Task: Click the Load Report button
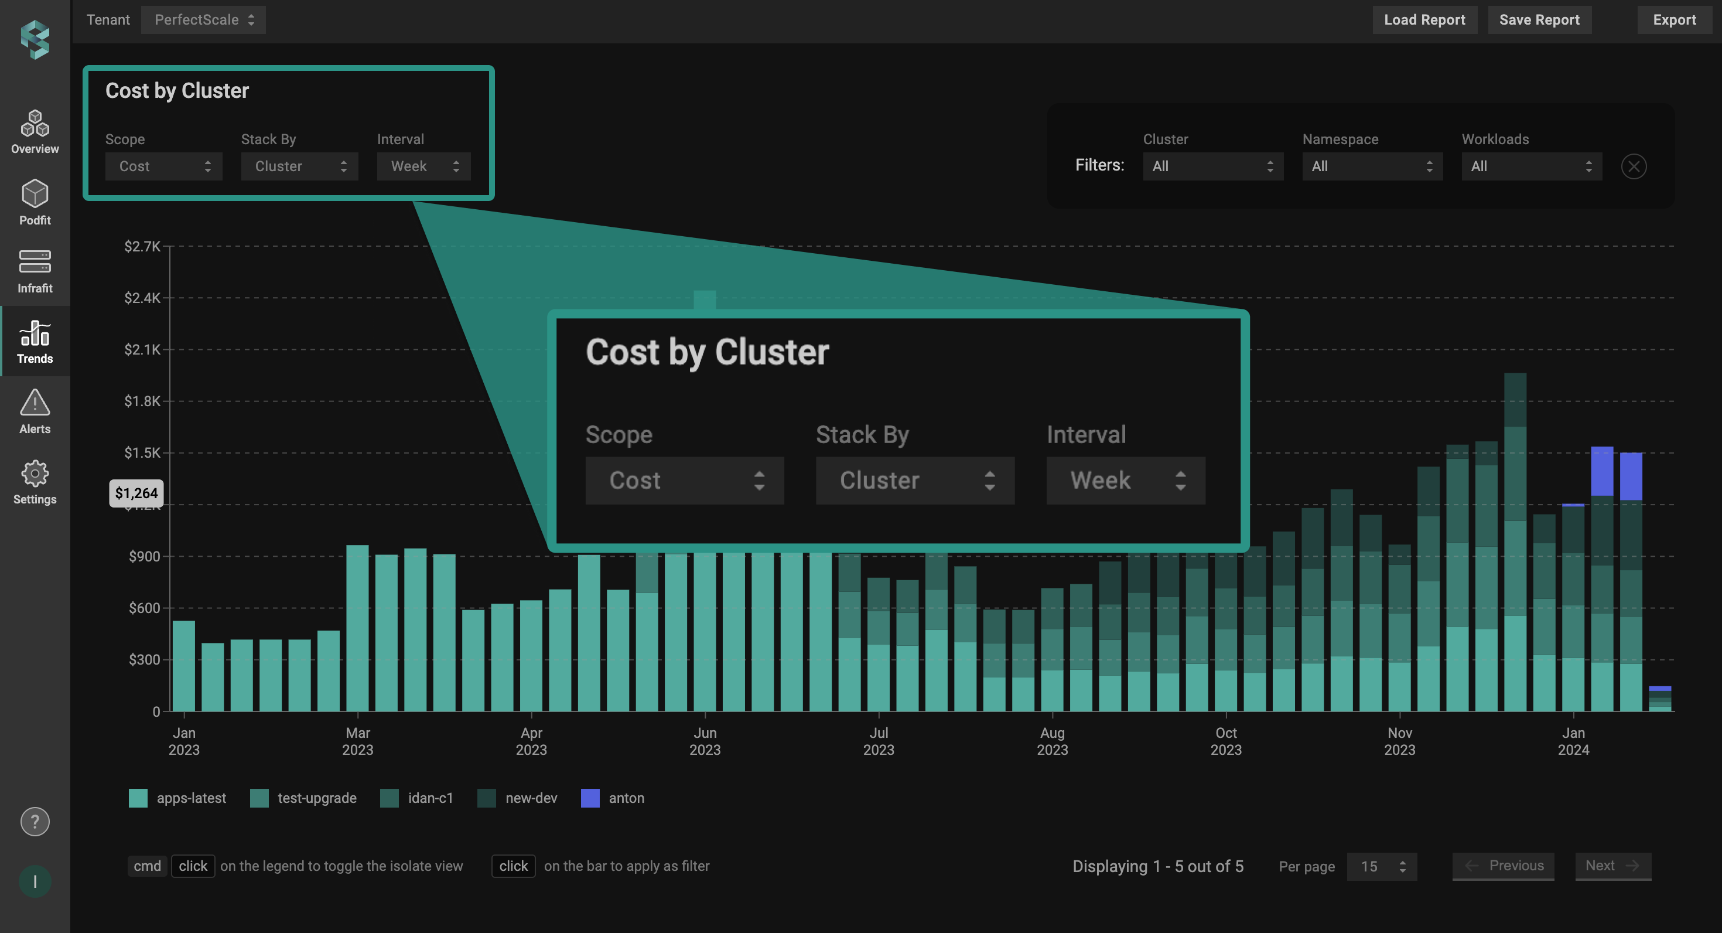pyautogui.click(x=1424, y=20)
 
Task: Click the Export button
pyautogui.click(x=1674, y=20)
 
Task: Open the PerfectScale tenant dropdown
pyautogui.click(x=203, y=20)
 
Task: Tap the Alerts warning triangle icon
pyautogui.click(x=35, y=403)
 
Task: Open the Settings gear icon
pyautogui.click(x=35, y=474)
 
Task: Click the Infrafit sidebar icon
pyautogui.click(x=35, y=262)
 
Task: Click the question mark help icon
pyautogui.click(x=35, y=821)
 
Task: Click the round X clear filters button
pyautogui.click(x=1633, y=166)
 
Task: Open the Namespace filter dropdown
pyautogui.click(x=1372, y=166)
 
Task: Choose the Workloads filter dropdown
pyautogui.click(x=1531, y=166)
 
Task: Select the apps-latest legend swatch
pyautogui.click(x=138, y=798)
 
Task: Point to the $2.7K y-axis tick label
pyautogui.click(x=142, y=246)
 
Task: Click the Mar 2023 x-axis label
pyautogui.click(x=358, y=741)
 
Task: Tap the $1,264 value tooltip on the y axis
pyautogui.click(x=136, y=493)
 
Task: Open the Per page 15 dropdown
pyautogui.click(x=1381, y=866)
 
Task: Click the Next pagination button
pyautogui.click(x=1612, y=866)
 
